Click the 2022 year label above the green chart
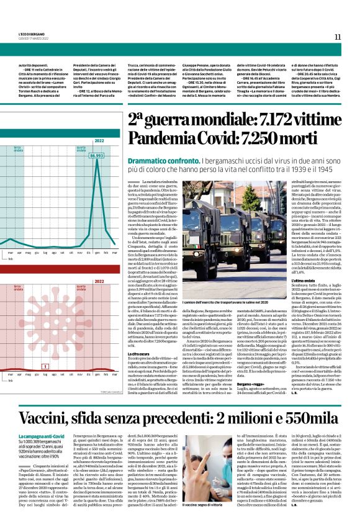99,141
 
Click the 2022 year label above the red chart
99,281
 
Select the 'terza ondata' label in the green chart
19,149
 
